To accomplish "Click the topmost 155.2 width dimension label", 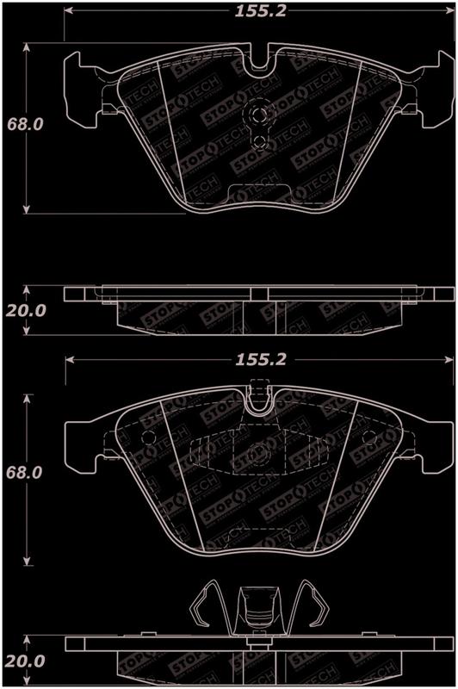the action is (260, 11).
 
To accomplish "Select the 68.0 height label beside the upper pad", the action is (25, 124).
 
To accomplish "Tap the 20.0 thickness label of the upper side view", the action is (26, 311).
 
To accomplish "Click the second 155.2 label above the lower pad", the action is (261, 360).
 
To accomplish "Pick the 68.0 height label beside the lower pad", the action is (24, 473).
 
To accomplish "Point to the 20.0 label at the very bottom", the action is (25, 661).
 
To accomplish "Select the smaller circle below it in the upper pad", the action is (259, 141).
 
